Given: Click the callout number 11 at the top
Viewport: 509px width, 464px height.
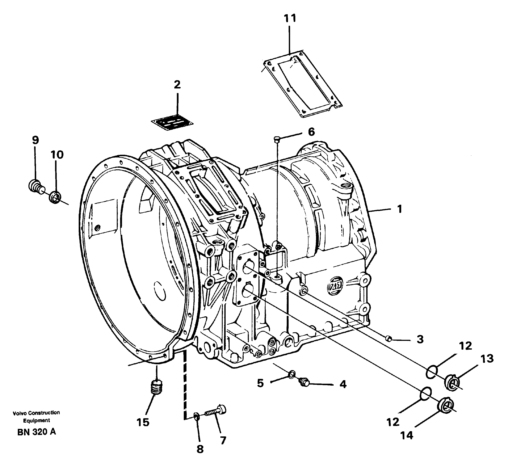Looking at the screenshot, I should pyautogui.click(x=290, y=18).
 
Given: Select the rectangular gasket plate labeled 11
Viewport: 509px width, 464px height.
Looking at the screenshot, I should pyautogui.click(x=302, y=84).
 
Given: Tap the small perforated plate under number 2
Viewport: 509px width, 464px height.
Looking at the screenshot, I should pyautogui.click(x=172, y=123).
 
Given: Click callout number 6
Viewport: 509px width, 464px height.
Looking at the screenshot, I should pyautogui.click(x=311, y=132).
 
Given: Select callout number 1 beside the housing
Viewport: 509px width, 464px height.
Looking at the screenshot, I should pyautogui.click(x=399, y=209).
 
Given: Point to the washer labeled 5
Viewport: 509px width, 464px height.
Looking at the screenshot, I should pyautogui.click(x=291, y=375).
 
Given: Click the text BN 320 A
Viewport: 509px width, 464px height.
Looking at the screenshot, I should pyautogui.click(x=37, y=432).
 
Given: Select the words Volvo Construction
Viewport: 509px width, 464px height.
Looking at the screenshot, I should pyautogui.click(x=36, y=413).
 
